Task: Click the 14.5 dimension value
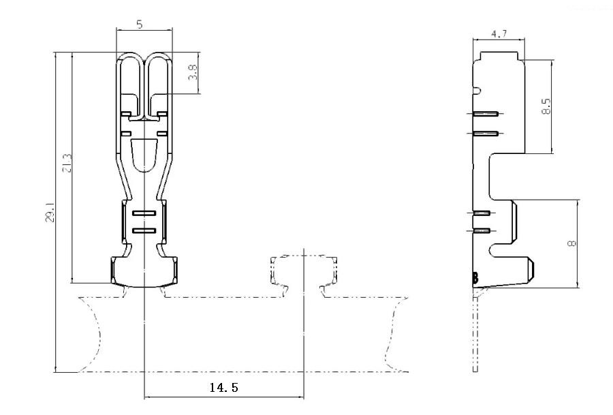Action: [223, 388]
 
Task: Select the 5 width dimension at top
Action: [140, 25]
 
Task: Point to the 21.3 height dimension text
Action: [67, 163]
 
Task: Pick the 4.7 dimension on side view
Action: [499, 33]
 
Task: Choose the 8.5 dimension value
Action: [546, 106]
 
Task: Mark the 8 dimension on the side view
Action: [571, 244]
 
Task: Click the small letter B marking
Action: [475, 278]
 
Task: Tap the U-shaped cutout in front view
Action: [144, 155]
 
